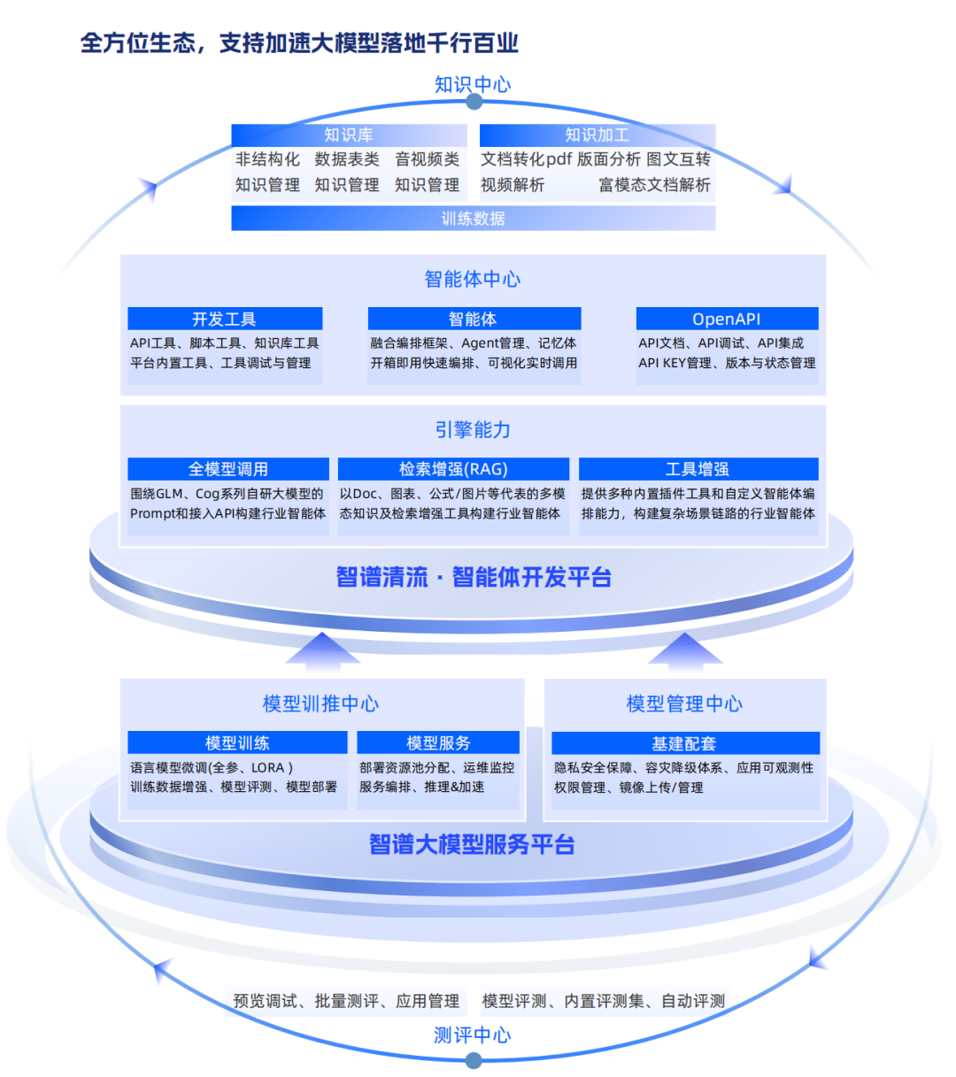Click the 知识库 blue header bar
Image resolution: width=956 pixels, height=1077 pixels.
pos(348,135)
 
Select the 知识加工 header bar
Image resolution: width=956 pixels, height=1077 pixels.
pos(597,135)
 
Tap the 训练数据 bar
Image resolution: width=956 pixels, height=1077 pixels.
pos(473,219)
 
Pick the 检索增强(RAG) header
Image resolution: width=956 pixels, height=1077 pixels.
pos(453,469)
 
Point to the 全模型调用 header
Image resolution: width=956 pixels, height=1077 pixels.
pos(228,469)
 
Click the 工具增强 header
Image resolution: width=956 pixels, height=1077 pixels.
pos(698,469)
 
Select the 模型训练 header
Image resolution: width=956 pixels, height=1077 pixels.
pos(237,742)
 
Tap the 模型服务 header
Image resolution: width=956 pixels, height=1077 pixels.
pos(438,742)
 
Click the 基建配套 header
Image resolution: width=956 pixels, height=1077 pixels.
pos(684,742)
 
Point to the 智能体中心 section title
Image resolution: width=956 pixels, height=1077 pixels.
pos(473,280)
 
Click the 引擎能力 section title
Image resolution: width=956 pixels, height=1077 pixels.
pos(473,430)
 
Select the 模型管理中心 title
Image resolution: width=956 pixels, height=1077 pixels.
pos(684,704)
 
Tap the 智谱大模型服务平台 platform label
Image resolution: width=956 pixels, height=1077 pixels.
pos(472,844)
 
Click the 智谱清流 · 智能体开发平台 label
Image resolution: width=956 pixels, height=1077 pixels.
pos(474,578)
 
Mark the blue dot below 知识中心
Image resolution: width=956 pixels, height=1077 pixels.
pos(474,103)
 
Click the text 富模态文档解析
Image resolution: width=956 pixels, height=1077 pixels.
pos(654,185)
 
